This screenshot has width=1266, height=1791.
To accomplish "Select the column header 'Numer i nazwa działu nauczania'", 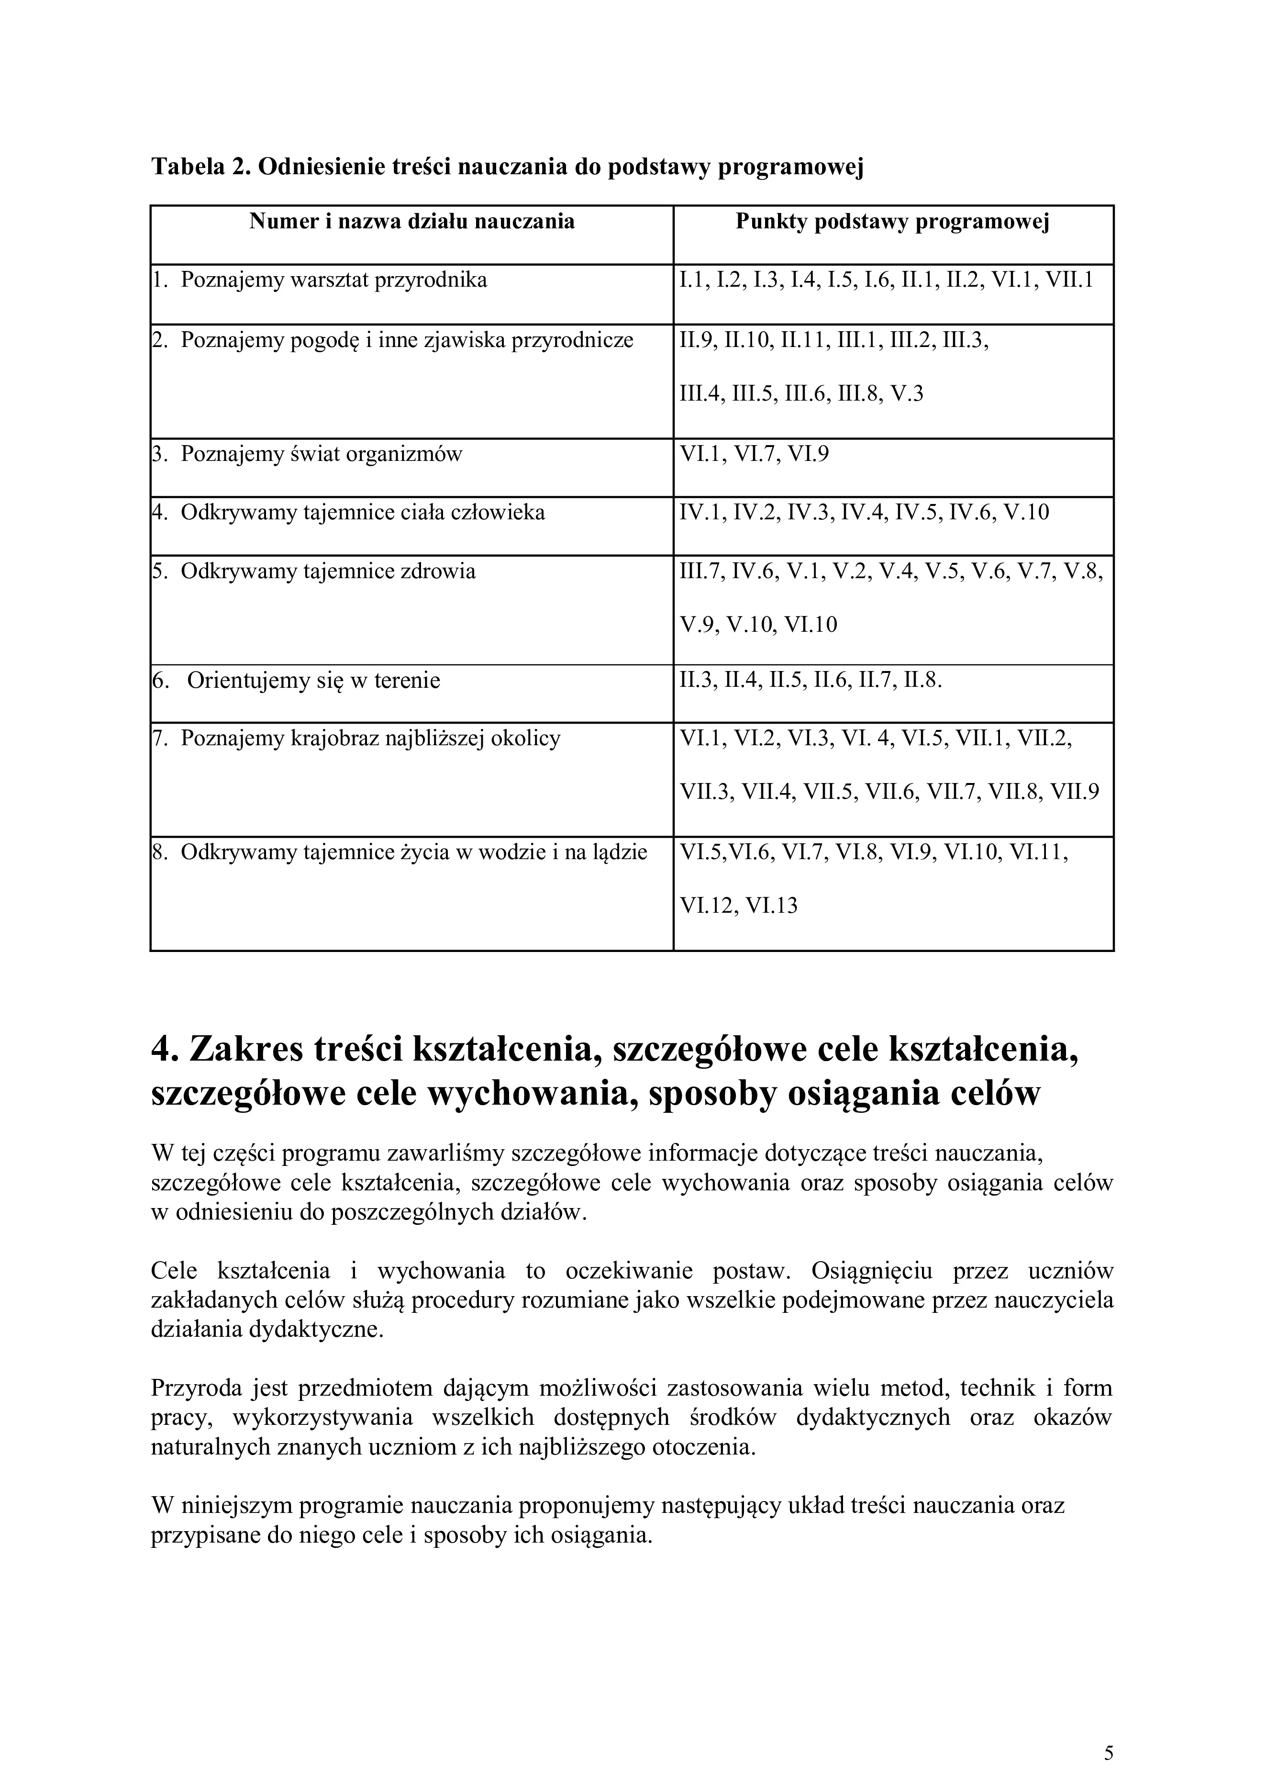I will (411, 222).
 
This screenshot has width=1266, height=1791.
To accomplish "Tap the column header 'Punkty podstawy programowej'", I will (893, 222).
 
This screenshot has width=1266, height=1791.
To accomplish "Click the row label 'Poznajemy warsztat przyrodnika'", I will (333, 280).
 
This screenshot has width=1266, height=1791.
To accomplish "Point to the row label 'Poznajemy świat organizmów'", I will (321, 454).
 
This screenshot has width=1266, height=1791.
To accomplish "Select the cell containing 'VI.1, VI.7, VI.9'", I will (755, 454).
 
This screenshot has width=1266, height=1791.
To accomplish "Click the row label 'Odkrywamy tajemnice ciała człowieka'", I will (363, 513).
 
